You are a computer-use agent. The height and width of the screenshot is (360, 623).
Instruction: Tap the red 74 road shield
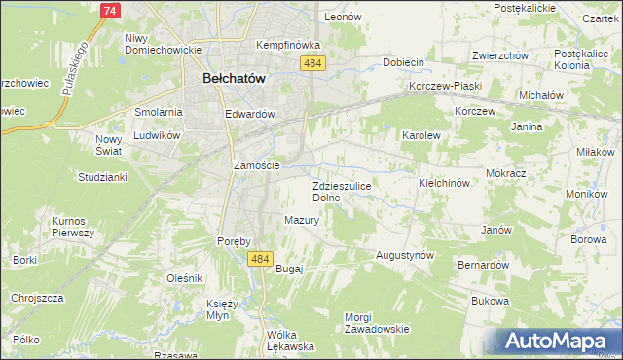[110, 10]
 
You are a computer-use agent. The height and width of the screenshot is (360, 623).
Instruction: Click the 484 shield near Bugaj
[259, 259]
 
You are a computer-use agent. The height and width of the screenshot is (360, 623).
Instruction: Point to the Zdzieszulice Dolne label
[340, 191]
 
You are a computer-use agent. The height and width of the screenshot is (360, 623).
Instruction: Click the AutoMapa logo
[558, 342]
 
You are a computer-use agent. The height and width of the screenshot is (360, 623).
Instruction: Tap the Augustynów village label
[405, 255]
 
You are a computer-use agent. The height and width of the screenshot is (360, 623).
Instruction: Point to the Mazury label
[303, 220]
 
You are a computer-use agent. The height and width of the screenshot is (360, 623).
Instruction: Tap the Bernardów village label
[484, 265]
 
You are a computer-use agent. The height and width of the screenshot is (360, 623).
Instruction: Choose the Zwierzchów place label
[500, 55]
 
